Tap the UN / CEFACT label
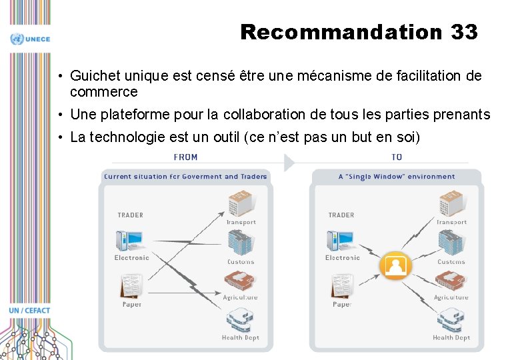coord(29,311)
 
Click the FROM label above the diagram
coord(185,157)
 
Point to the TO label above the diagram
coord(397,157)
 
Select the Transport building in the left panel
coord(240,203)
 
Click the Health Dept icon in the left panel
coord(240,321)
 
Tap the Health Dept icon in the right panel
coord(451,321)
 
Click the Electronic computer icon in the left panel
coord(129,241)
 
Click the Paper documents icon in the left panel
coord(131,286)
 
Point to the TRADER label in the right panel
coord(341,215)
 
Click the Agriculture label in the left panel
coord(240,297)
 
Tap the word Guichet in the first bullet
coord(92,77)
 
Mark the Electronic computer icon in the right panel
coord(340,241)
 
